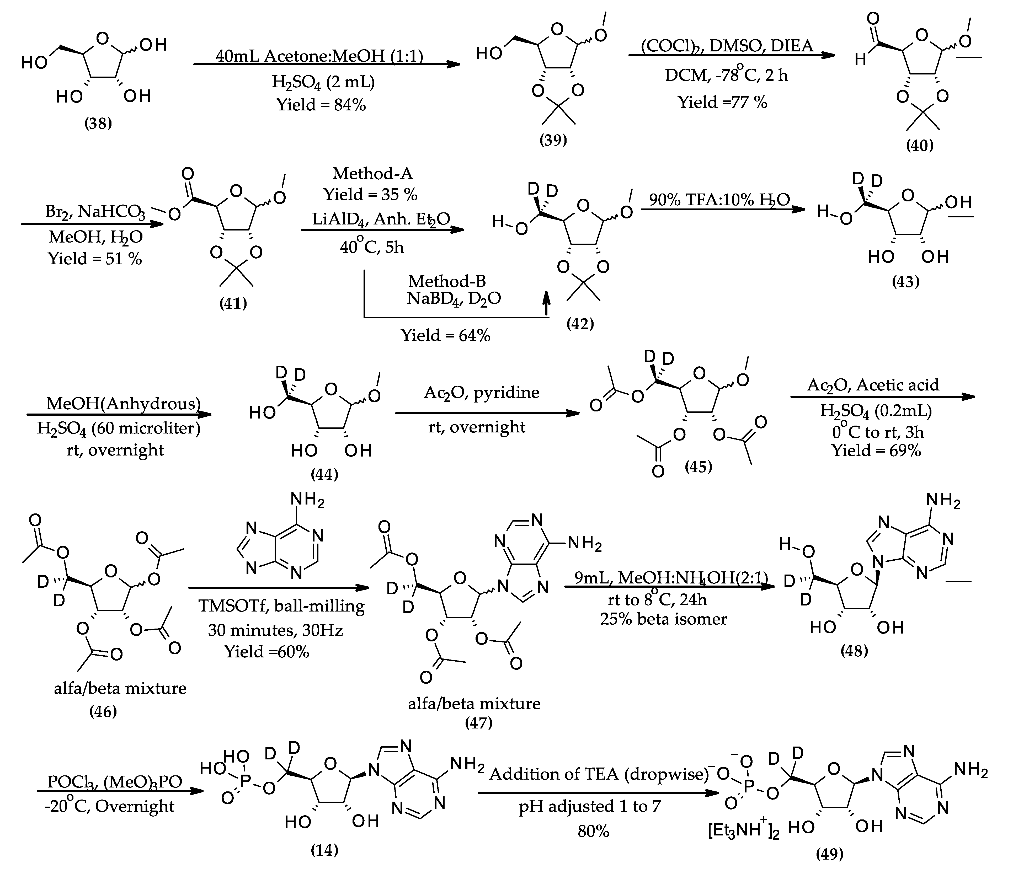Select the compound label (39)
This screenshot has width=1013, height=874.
click(x=553, y=140)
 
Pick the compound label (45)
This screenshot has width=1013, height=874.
click(x=698, y=467)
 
